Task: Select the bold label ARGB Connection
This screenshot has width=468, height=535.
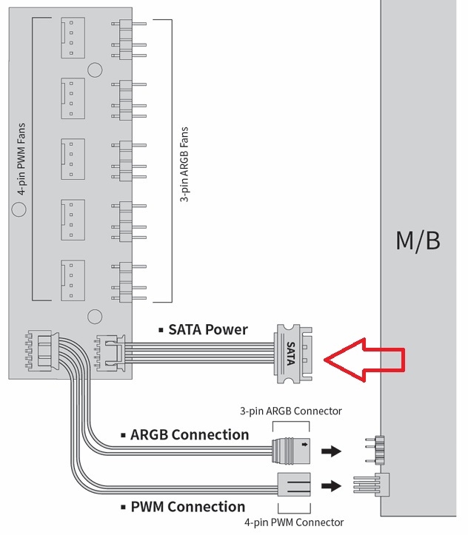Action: tap(189, 434)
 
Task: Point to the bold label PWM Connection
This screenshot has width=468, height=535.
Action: tap(187, 507)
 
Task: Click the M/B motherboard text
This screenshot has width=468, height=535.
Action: tap(418, 241)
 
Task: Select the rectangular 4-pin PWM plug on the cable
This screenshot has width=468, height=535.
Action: tap(295, 486)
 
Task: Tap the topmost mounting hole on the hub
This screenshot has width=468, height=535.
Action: tap(94, 70)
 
